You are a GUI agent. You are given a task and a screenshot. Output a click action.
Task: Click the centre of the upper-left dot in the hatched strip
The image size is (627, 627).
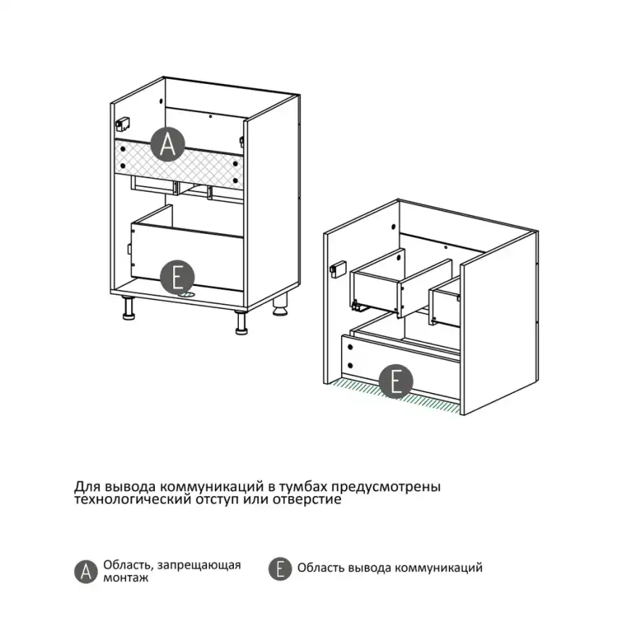click(123, 149)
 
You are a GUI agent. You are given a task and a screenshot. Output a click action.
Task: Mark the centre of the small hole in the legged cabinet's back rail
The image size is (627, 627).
click(211, 117)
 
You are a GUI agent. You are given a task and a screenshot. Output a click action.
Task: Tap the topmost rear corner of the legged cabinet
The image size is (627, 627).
click(164, 77)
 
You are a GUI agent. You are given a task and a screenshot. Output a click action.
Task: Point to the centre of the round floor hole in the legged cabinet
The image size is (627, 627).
click(187, 294)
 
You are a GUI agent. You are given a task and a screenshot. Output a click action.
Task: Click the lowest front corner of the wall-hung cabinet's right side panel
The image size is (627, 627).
click(463, 415)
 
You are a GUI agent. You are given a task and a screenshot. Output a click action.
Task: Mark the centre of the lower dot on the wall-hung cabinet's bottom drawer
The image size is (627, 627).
click(350, 365)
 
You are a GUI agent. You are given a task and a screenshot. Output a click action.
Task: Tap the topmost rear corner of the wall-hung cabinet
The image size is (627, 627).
click(398, 199)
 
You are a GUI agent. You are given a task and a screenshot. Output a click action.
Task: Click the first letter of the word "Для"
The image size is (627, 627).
click(80, 487)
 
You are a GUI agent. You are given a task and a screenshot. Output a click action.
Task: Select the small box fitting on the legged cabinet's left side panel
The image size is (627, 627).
click(122, 124)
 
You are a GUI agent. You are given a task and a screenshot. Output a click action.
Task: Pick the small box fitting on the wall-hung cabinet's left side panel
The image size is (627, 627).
click(338, 269)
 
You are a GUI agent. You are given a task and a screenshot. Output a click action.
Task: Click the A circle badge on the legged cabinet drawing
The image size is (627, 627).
click(168, 144)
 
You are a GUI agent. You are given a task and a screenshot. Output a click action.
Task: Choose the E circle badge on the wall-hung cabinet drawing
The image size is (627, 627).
click(395, 381)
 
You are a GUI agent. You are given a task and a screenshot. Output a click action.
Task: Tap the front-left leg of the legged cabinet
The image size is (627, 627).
click(128, 308)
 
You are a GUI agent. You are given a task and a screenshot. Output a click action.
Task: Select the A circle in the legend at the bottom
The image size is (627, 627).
click(86, 571)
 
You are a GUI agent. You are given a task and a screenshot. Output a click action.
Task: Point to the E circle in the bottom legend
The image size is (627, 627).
click(280, 568)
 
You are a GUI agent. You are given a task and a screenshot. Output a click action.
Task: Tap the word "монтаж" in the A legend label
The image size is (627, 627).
click(126, 578)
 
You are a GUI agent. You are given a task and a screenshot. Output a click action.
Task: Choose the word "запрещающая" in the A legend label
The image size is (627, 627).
click(199, 565)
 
